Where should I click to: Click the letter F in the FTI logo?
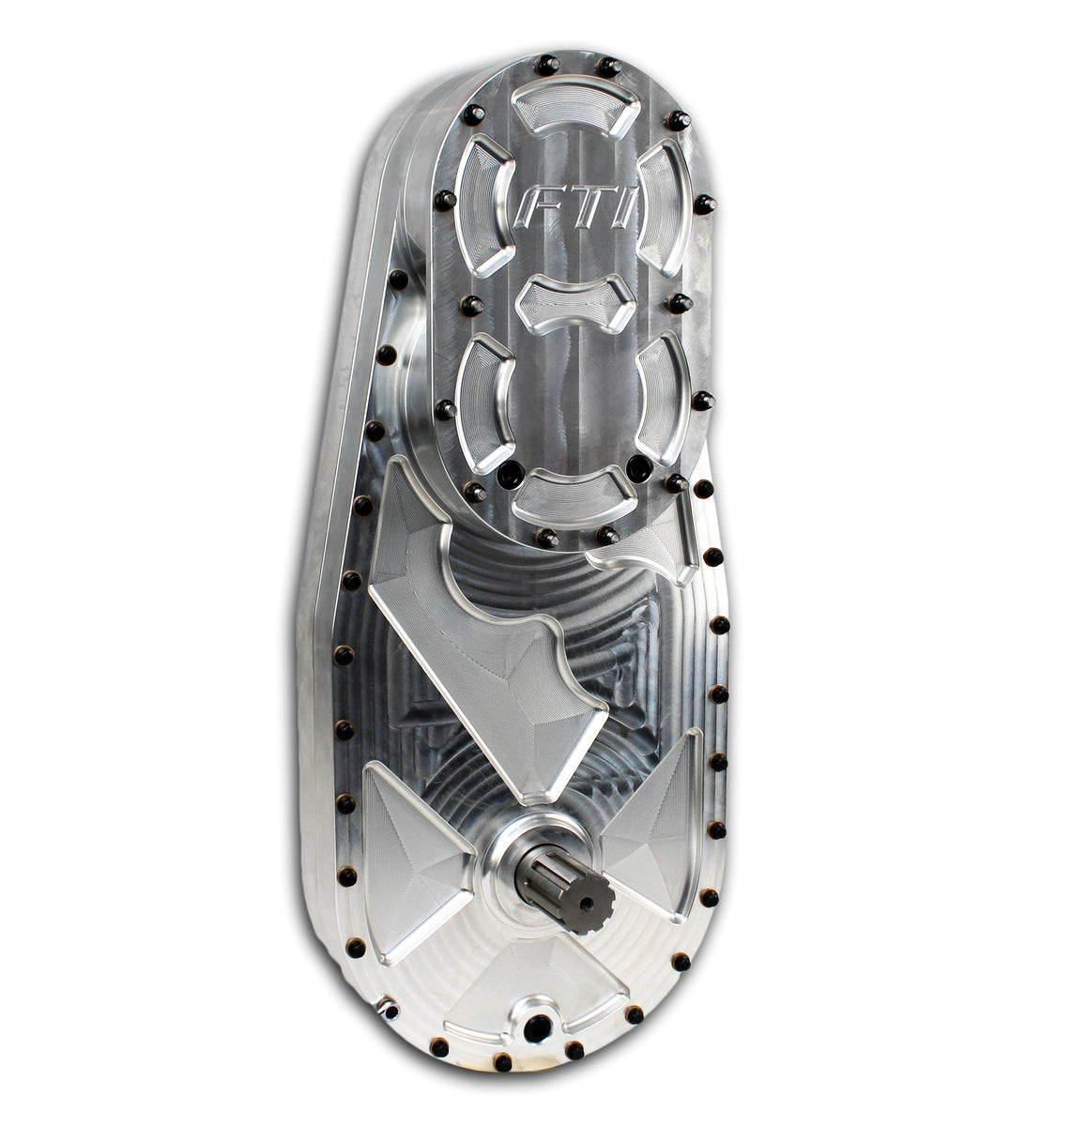pos(536,211)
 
